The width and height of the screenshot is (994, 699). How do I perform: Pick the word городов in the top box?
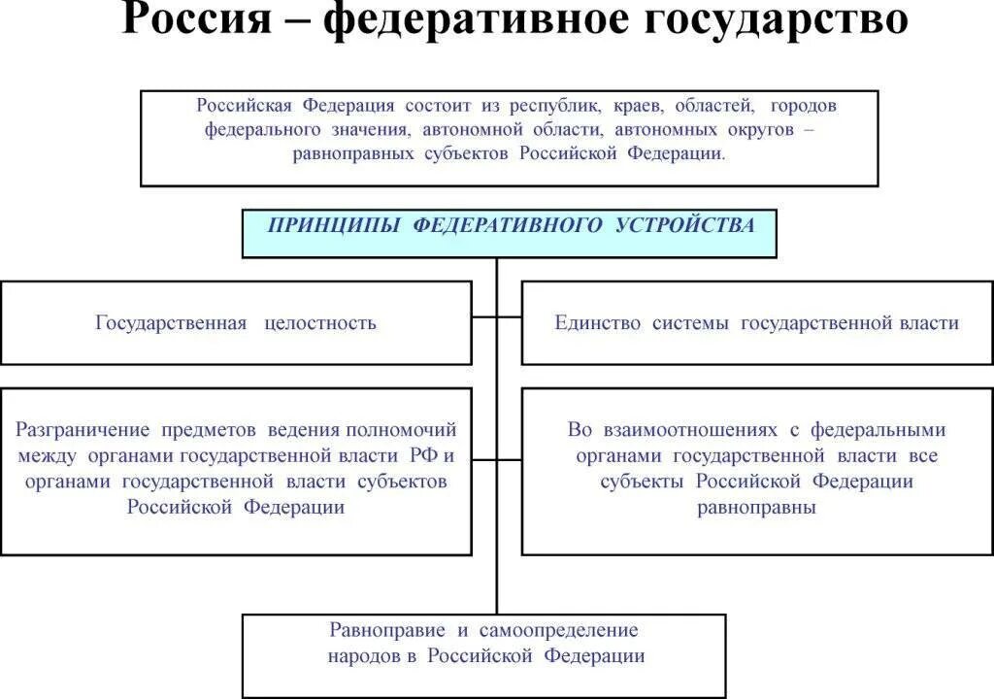[803, 106]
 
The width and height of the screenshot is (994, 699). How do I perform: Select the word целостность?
[319, 323]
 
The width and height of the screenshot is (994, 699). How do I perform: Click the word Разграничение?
[83, 429]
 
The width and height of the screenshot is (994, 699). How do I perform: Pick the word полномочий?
[400, 429]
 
